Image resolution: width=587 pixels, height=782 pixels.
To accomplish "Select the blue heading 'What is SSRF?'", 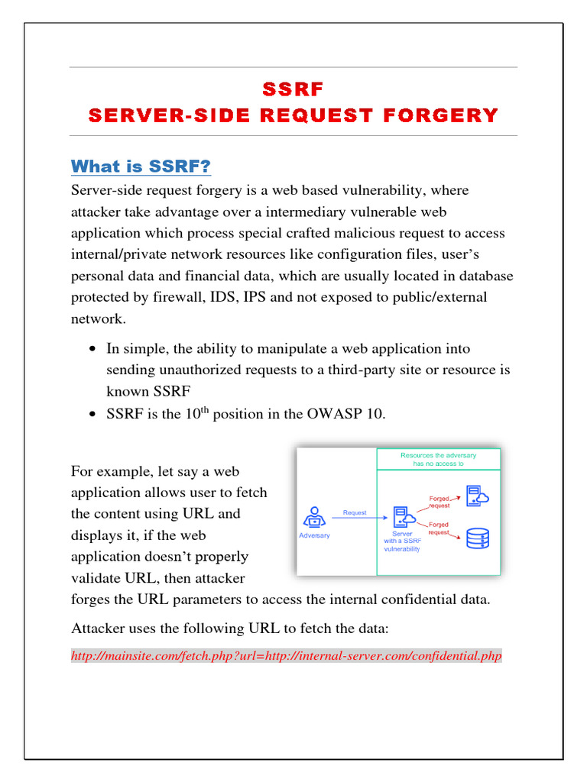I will pyautogui.click(x=141, y=166).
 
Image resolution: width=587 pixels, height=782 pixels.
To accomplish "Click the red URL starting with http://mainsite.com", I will pyautogui.click(x=287, y=656).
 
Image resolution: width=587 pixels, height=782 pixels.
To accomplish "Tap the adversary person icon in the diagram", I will pyautogui.click(x=313, y=517).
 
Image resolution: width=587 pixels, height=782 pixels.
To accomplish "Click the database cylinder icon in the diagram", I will pyautogui.click(x=478, y=538).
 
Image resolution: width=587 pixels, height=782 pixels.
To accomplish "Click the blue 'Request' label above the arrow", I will pyautogui.click(x=354, y=512).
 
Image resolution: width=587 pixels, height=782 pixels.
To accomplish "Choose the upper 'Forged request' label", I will pyautogui.click(x=440, y=502).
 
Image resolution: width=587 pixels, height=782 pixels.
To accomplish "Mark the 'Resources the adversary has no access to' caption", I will pyautogui.click(x=438, y=459).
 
